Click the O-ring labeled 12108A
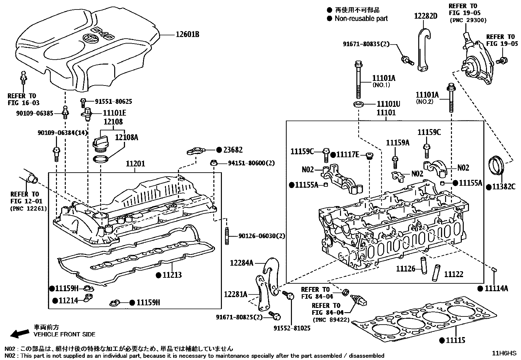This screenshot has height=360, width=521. (100, 160)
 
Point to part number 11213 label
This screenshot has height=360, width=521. (172, 275)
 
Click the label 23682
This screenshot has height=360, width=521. (233, 150)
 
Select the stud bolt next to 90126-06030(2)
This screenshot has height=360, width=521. (226, 236)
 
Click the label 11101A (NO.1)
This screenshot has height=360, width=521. (384, 78)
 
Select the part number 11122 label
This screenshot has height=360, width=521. (454, 274)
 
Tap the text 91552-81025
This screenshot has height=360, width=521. (292, 328)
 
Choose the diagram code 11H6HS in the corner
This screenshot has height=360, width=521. (504, 353)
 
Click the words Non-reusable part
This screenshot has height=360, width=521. (361, 18)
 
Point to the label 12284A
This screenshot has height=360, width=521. (242, 262)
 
